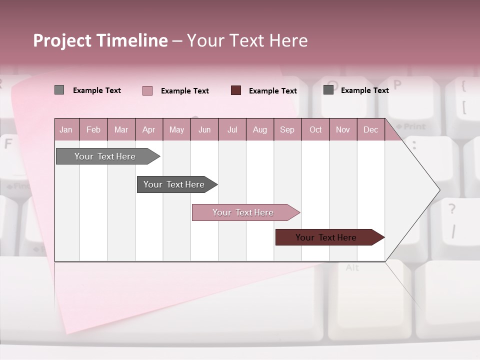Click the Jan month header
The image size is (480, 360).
click(66, 130)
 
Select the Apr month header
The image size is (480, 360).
click(148, 130)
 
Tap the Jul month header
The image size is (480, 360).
click(232, 130)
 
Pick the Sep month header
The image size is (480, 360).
click(287, 130)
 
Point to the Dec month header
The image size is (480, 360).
click(370, 130)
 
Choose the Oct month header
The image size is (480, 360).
click(315, 130)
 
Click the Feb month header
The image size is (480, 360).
click(93, 130)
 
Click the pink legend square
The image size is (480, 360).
click(147, 90)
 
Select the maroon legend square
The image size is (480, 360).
click(236, 90)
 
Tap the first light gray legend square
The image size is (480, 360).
click(59, 90)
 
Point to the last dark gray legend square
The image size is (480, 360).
click(328, 90)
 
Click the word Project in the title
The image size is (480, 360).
click(62, 40)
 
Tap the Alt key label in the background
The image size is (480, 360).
click(352, 268)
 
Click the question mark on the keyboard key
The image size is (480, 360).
click(452, 209)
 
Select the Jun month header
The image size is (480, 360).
click(204, 130)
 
